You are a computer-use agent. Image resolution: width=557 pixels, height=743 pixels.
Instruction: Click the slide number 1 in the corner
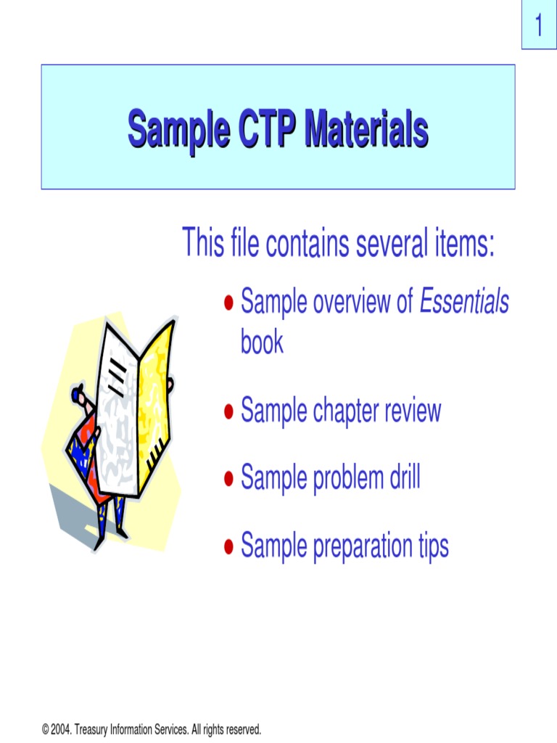pos(539,28)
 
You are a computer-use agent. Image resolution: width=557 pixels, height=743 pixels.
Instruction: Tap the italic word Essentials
pos(465,303)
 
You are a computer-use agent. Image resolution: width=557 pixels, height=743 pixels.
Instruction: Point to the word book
pos(262,342)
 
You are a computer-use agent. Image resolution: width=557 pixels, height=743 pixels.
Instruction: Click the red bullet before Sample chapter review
pos(228,413)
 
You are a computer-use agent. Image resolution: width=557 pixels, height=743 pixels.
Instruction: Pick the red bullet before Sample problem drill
pos(228,480)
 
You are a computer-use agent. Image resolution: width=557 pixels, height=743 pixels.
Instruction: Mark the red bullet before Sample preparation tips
pos(228,546)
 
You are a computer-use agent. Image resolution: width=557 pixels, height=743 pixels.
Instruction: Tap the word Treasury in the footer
pos(92,728)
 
